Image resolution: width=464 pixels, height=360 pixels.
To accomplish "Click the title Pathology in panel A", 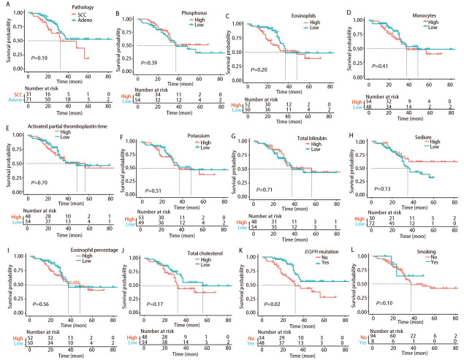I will pyautogui.click(x=58, y=7).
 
